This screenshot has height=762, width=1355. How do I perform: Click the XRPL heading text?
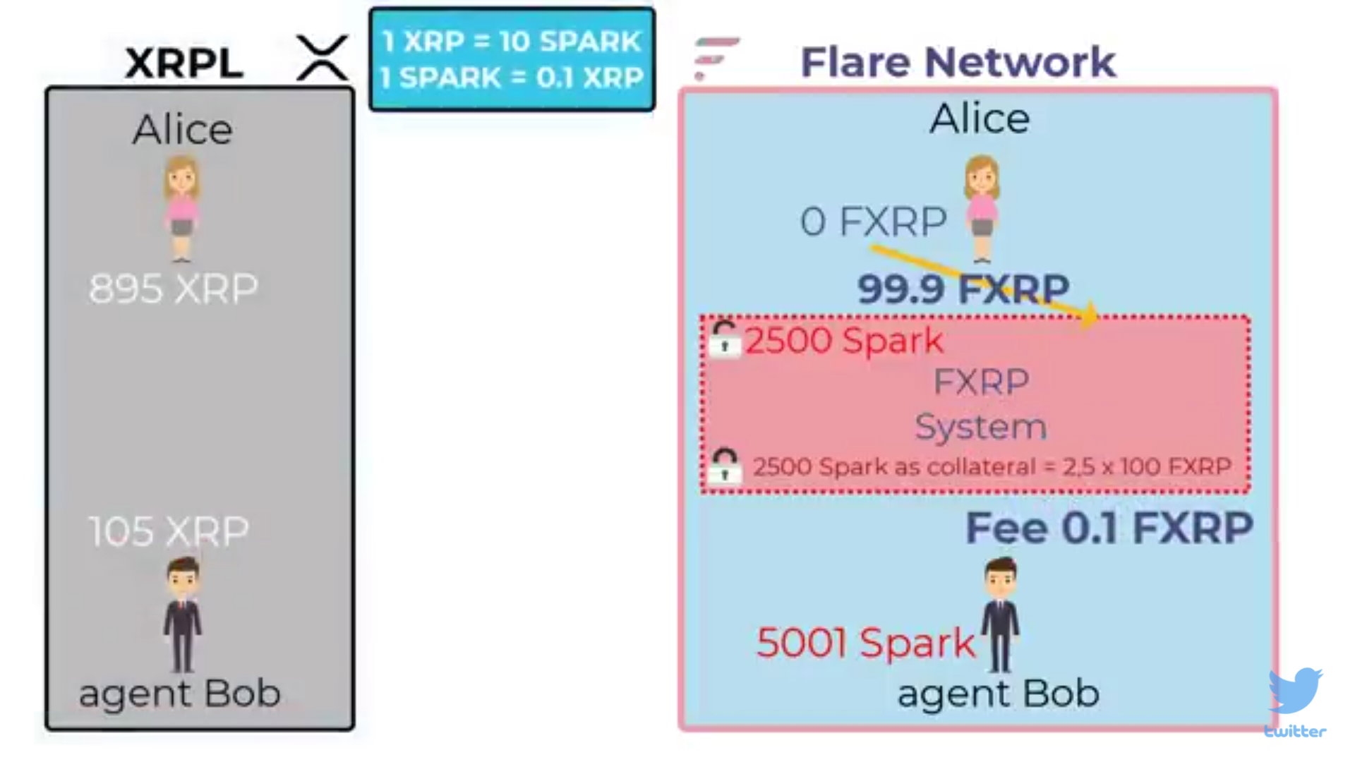coord(184,63)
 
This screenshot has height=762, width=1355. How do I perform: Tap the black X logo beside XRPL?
coord(323,57)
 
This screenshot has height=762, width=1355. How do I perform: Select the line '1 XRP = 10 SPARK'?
coord(512,41)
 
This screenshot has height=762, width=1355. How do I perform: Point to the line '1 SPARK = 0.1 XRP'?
coord(512,78)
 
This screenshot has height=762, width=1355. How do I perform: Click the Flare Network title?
coord(958,62)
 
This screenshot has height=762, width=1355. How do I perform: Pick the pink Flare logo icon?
coord(716,59)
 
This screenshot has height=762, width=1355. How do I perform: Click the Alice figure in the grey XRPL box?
coord(182,209)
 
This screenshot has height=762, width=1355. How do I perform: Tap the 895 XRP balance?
coord(174,289)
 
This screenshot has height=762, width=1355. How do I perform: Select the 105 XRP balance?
coord(169,531)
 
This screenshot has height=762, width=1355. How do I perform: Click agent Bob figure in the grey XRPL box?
coord(183,615)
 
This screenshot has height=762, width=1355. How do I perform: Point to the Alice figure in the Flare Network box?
coord(982,209)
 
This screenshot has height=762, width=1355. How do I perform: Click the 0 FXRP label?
coord(874,222)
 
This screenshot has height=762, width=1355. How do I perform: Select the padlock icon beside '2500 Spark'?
coord(725,339)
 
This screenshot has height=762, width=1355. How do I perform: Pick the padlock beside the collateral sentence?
coord(725,466)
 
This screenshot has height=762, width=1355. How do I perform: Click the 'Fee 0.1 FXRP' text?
coord(1109,528)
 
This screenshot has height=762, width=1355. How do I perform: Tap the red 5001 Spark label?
coord(865,643)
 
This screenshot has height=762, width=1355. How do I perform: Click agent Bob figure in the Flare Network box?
coord(1001,615)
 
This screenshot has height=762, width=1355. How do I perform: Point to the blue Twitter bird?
coord(1296,691)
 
